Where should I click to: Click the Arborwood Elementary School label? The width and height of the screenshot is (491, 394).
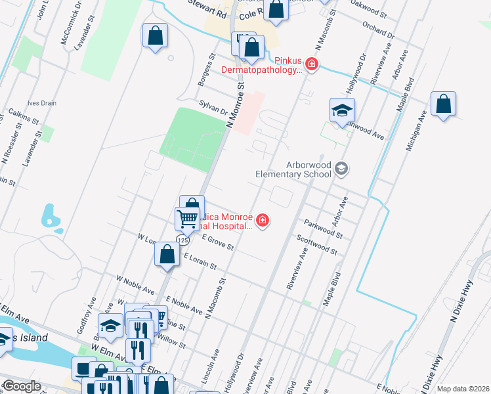(x=293, y=169)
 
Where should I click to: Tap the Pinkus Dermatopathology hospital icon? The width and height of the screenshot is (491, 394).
(x=312, y=64)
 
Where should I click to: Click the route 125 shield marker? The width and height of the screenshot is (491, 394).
(x=179, y=240)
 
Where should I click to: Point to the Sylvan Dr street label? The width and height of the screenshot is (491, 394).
(x=214, y=108)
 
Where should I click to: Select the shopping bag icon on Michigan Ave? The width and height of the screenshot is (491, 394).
(x=444, y=105)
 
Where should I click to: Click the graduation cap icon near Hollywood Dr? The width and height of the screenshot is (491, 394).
(x=342, y=112)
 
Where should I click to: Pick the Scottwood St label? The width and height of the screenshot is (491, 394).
(x=316, y=247)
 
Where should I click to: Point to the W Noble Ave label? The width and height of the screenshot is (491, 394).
(x=135, y=285)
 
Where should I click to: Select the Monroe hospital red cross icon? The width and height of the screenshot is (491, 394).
(x=263, y=219)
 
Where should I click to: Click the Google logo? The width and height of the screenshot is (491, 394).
(x=21, y=387)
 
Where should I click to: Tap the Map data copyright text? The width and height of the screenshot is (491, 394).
(x=463, y=389)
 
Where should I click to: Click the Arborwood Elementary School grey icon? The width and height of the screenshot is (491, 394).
(x=341, y=169)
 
